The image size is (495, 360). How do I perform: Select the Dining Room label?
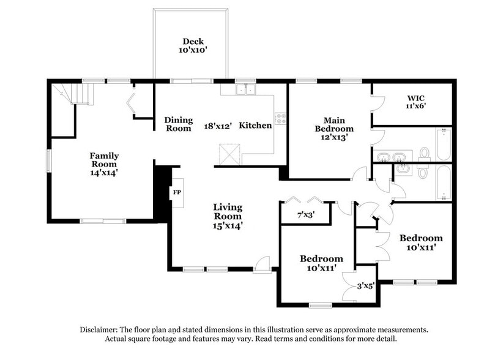click(x=179, y=124)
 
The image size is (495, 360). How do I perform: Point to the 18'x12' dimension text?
click(x=218, y=126)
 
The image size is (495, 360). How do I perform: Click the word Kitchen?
click(x=255, y=126)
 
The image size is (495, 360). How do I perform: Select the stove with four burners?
click(x=281, y=118)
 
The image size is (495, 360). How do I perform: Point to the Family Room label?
click(x=105, y=160)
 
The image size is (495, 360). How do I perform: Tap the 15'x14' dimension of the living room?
click(x=228, y=225)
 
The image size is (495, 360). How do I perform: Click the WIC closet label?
click(x=415, y=97)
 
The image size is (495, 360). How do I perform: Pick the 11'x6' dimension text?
click(x=415, y=106)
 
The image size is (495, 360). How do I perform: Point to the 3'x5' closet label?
click(x=365, y=285)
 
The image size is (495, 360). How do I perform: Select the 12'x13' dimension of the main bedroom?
click(x=334, y=138)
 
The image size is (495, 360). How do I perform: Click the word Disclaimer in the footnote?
click(x=99, y=329)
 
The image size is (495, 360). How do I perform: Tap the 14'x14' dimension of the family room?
click(x=105, y=173)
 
